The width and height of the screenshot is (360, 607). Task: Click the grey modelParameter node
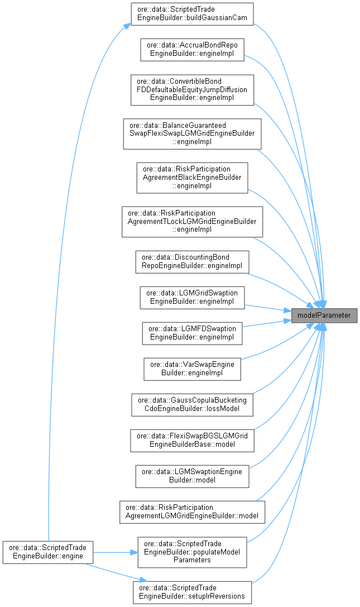tap(324, 316)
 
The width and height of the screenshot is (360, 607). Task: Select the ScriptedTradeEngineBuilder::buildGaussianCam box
tap(192, 14)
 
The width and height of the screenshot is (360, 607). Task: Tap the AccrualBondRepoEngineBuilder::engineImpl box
tap(192, 49)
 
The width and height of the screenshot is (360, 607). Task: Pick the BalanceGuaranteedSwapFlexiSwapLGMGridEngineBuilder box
tap(192, 133)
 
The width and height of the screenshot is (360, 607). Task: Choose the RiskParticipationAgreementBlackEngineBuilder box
tap(192, 177)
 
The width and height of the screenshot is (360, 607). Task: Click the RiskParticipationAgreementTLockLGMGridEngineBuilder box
tap(192, 221)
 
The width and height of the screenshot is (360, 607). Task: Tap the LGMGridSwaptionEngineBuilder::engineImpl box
tap(192, 298)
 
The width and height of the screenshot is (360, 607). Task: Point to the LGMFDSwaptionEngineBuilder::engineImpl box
tap(192, 333)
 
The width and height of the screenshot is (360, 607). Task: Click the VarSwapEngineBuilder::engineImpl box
tap(192, 368)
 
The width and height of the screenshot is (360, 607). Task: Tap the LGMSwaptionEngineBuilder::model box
tap(192, 475)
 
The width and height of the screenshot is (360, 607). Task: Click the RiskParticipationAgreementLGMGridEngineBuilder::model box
tap(192, 511)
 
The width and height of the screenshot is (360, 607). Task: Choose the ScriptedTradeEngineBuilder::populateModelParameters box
tap(192, 552)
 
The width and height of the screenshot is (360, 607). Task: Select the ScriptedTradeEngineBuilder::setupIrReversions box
tap(192, 592)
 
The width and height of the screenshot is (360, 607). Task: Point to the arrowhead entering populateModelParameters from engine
tap(134, 552)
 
